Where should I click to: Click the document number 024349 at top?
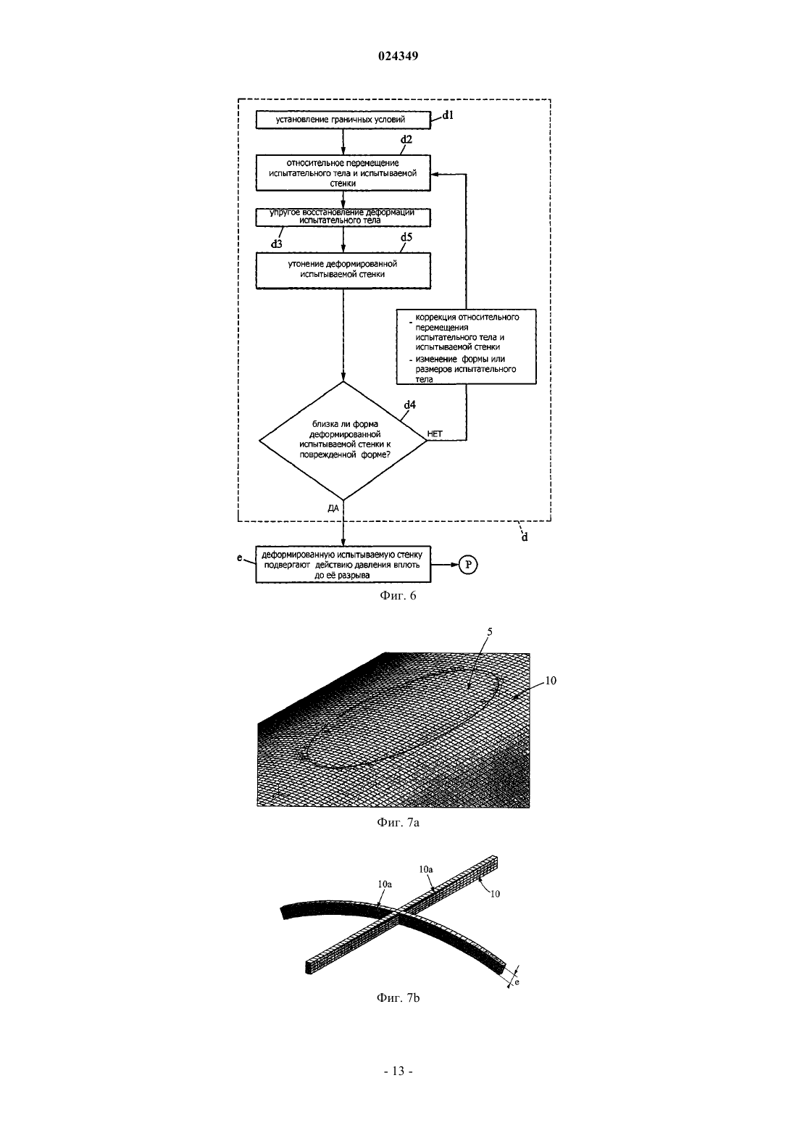[398, 56]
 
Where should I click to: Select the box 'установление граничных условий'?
[343, 120]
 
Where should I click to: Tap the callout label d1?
[448, 115]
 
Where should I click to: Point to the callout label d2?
[406, 139]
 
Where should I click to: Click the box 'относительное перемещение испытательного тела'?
[343, 173]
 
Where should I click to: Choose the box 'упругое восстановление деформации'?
[343, 217]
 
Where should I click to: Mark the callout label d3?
[276, 244]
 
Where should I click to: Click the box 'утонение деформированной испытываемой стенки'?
[343, 270]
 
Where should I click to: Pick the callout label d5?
[406, 237]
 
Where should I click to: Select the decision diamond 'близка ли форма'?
[343, 441]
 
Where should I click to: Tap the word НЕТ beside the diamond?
[435, 434]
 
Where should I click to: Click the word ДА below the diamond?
[333, 508]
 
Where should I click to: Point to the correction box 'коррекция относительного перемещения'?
[467, 347]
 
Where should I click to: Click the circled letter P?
[468, 565]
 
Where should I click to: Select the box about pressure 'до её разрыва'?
[343, 565]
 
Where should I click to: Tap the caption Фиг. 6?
[398, 596]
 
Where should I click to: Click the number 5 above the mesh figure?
[490, 632]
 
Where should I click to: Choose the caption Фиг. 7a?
[398, 823]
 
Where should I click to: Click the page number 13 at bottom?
[398, 1071]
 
